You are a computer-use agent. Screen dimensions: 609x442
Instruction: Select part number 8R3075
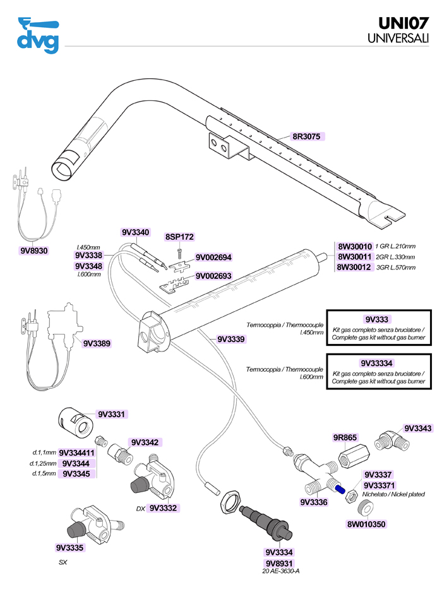[308, 136]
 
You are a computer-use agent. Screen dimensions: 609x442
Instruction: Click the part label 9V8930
[34, 251]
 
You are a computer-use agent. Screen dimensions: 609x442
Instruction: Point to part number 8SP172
[179, 237]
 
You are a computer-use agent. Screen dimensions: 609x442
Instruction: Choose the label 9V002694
[214, 257]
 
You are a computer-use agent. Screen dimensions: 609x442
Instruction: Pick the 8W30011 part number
[354, 257]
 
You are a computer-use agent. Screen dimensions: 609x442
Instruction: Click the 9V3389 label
[97, 343]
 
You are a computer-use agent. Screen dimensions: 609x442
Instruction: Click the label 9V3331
[112, 415]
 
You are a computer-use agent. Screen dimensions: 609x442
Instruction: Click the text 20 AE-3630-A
[279, 571]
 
